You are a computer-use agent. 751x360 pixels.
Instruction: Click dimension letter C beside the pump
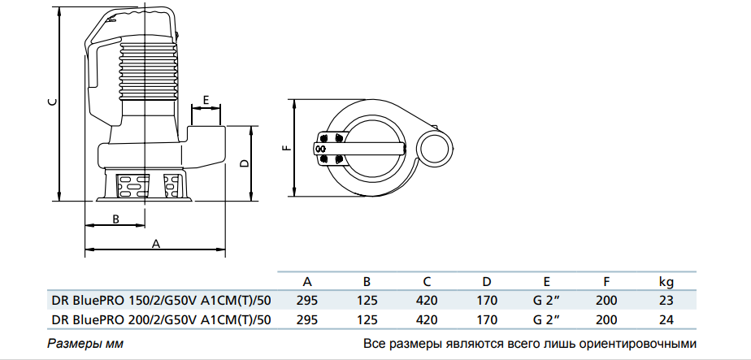point(51,102)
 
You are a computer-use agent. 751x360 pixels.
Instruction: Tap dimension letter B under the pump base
point(115,219)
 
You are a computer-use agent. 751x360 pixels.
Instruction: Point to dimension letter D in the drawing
point(243,163)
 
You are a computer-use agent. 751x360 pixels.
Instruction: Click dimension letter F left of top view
point(284,149)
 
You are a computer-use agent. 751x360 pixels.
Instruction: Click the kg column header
point(666,282)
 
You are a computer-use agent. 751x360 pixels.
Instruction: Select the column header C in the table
point(427,282)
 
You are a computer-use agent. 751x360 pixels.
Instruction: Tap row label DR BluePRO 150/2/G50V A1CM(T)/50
point(161,300)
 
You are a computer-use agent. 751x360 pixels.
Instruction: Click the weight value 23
point(666,300)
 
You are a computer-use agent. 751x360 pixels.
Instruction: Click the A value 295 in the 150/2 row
point(308,300)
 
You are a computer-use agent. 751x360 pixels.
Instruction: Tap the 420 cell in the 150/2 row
point(427,300)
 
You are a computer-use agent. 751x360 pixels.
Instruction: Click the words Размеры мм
point(85,343)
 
